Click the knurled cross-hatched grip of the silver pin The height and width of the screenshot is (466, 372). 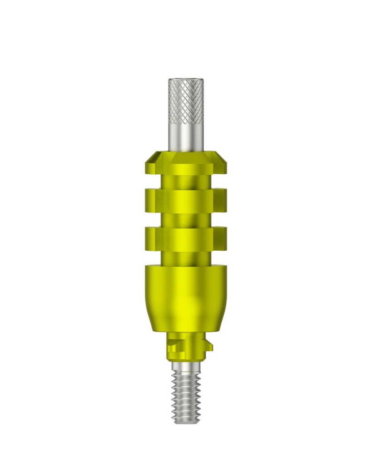coord(186,102)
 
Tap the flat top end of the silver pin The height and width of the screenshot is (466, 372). coord(186,80)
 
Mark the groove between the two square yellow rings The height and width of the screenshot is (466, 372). coord(186,219)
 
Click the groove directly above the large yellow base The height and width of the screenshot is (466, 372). coord(186,257)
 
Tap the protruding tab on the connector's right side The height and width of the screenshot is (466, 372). coord(209,347)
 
